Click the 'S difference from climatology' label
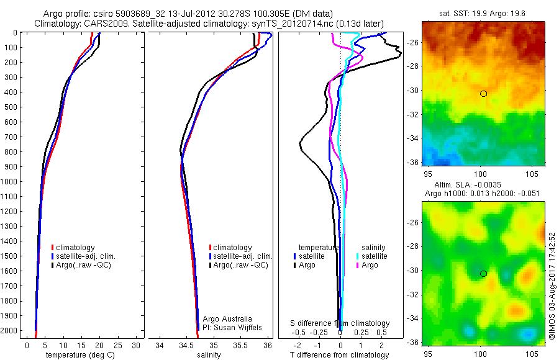click(340, 323)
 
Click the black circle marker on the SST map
click(483, 94)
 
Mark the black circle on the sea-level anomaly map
click(483, 274)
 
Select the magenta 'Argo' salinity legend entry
click(370, 265)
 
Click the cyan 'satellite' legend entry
click(375, 256)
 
